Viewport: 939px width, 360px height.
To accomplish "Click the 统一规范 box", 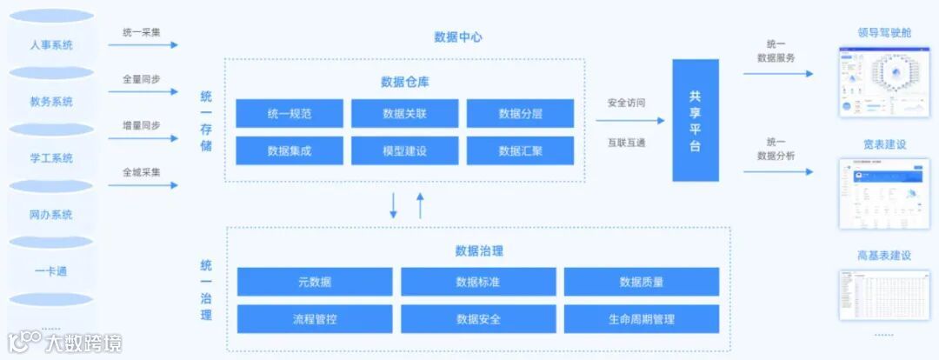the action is [x=289, y=113].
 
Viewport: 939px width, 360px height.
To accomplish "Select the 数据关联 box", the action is [x=404, y=113].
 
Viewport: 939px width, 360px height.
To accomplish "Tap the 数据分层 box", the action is [x=520, y=113].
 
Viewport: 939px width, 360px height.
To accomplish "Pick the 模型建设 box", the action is [x=404, y=150].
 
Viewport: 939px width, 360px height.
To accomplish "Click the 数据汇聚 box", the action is [x=520, y=150].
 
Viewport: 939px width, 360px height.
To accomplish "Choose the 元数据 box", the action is [x=314, y=282].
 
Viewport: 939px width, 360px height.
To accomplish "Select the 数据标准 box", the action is [x=477, y=282].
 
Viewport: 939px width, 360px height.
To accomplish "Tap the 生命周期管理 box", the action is [x=641, y=319].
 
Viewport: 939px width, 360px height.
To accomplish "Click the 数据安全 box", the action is [x=477, y=319].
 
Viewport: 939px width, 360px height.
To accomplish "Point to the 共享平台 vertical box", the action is [x=695, y=121].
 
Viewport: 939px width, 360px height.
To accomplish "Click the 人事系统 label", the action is [x=51, y=44].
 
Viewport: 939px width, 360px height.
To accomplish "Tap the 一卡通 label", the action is [x=51, y=271].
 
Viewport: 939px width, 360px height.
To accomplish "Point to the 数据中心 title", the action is [x=457, y=37].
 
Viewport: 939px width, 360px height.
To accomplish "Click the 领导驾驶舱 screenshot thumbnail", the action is [x=883, y=83].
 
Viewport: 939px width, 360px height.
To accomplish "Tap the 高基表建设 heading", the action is [x=883, y=256].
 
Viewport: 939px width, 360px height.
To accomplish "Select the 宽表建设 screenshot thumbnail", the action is [x=883, y=193].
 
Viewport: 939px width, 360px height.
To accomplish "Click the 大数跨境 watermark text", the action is [x=84, y=343].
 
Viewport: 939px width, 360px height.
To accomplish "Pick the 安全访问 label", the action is [x=626, y=103].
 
